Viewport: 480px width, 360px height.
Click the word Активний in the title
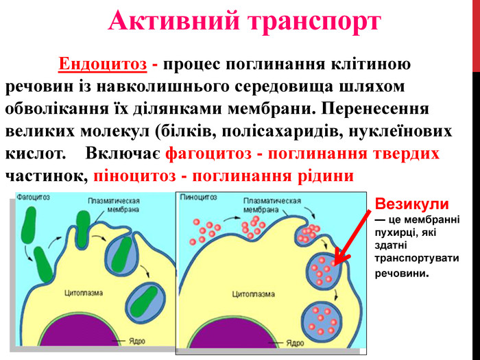tap(174, 20)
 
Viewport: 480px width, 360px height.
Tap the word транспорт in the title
tap(314, 22)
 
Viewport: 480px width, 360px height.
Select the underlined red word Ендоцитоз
tap(103, 64)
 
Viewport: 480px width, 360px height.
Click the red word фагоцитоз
tap(208, 154)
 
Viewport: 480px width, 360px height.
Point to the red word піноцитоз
tap(134, 176)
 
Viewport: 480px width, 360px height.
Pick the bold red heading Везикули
tap(411, 204)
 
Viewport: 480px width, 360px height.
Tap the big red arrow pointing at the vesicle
tap(352, 237)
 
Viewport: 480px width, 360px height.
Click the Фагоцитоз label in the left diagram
tap(33, 197)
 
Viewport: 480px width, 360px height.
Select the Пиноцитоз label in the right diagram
tap(198, 197)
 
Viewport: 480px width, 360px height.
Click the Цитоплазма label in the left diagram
tap(84, 293)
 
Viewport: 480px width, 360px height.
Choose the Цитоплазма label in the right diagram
tap(253, 294)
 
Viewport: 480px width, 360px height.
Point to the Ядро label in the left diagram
tap(137, 341)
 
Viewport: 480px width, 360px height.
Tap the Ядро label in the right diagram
tap(295, 343)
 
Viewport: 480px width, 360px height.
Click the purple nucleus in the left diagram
tap(80, 332)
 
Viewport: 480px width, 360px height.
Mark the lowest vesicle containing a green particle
tap(146, 302)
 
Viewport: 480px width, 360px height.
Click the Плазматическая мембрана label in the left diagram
tap(114, 205)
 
